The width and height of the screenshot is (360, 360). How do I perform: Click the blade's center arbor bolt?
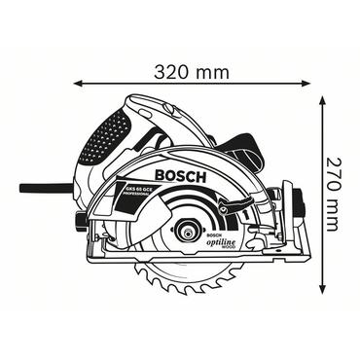(x=183, y=232)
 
